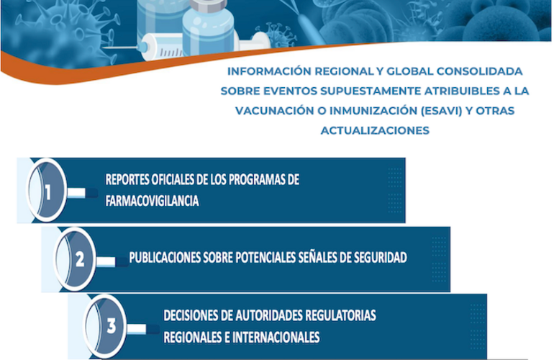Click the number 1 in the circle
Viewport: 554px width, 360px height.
click(48, 192)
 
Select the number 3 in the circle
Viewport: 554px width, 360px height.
click(110, 326)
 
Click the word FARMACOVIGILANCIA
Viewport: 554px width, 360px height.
click(152, 202)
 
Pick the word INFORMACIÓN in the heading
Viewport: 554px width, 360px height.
click(260, 73)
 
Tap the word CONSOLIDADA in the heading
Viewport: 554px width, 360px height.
click(486, 73)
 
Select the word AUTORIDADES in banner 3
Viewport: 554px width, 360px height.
click(272, 315)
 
